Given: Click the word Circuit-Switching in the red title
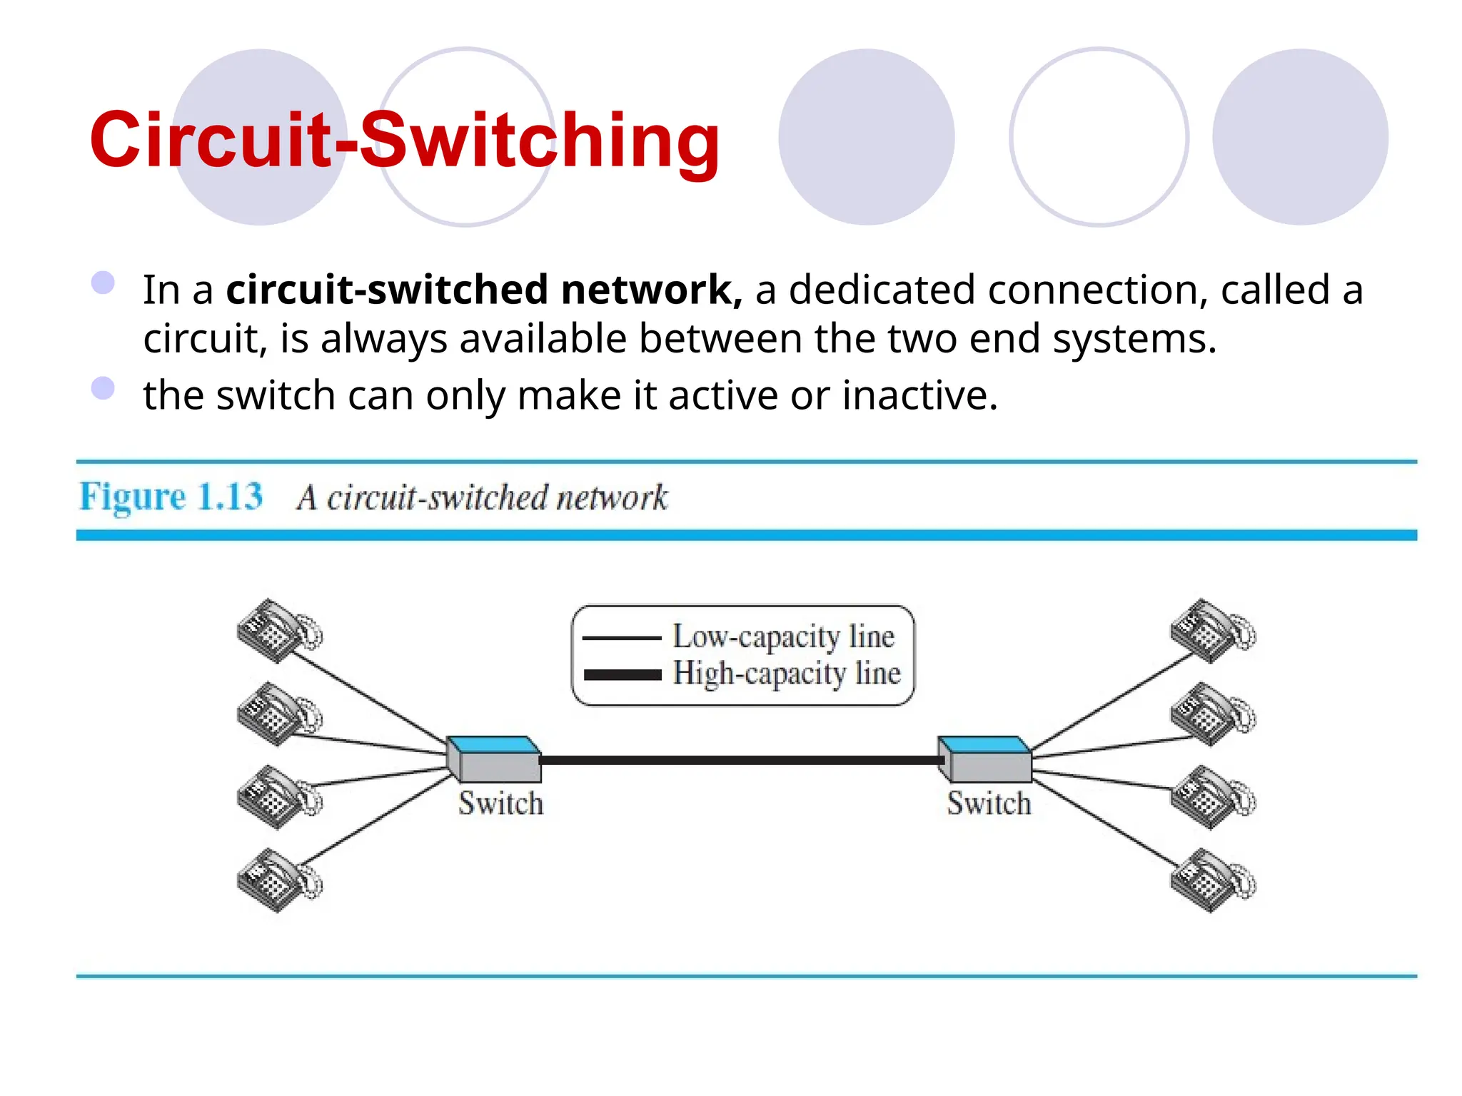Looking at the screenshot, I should (404, 141).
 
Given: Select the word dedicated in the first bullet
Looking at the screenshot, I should (881, 290).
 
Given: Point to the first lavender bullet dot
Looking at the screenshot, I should (104, 283).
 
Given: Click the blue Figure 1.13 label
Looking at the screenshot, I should (171, 496).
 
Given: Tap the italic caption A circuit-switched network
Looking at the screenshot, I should (483, 497).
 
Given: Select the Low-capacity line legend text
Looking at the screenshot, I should (783, 636).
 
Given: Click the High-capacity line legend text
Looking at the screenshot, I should (786, 673).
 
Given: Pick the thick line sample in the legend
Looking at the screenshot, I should (622, 675).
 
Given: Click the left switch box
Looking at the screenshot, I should (493, 759).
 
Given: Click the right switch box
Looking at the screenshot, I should (986, 759).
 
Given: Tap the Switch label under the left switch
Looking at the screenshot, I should (500, 803).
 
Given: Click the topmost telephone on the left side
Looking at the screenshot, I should (278, 631).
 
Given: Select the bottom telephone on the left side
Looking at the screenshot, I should (278, 880).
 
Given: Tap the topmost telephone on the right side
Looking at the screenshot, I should (1211, 631).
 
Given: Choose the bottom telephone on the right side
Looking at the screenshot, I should (1211, 880).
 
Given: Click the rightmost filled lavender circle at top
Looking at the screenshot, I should (1300, 137).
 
